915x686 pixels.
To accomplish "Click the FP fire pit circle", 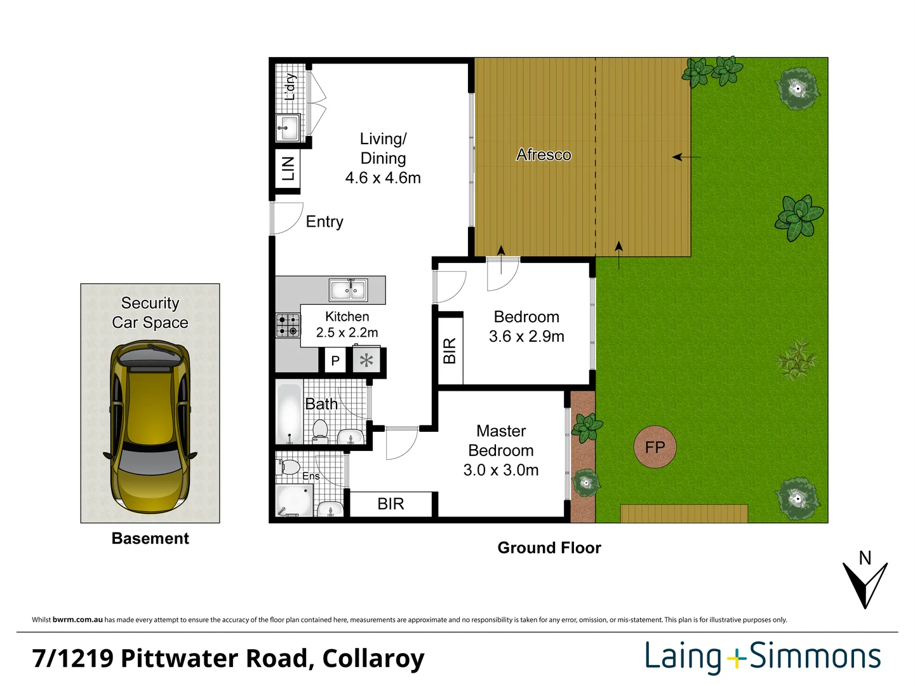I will click(x=655, y=447).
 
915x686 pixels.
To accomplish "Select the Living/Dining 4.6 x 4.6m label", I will click(x=383, y=158).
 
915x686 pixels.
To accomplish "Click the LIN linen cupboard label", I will click(x=288, y=169).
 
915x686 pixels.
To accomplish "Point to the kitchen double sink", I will click(x=348, y=290).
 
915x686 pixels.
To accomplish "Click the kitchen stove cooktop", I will click(x=288, y=325).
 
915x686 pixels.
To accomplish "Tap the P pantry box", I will click(x=335, y=361).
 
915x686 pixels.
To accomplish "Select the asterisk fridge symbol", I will click(x=366, y=361).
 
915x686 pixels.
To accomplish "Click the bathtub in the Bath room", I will click(x=290, y=413).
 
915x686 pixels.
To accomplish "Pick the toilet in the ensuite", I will click(x=290, y=467).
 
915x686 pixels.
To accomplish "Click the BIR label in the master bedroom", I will click(x=391, y=504).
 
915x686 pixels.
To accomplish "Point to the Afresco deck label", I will click(x=544, y=155).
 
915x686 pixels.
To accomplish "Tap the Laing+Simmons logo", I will click(x=763, y=657).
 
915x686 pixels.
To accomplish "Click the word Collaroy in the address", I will click(x=373, y=659).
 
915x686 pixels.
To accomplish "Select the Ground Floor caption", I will click(x=549, y=548).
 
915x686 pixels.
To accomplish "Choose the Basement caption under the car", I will click(x=150, y=539).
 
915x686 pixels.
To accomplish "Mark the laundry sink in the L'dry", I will click(x=288, y=128).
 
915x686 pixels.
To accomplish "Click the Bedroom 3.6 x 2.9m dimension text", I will click(x=526, y=337).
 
